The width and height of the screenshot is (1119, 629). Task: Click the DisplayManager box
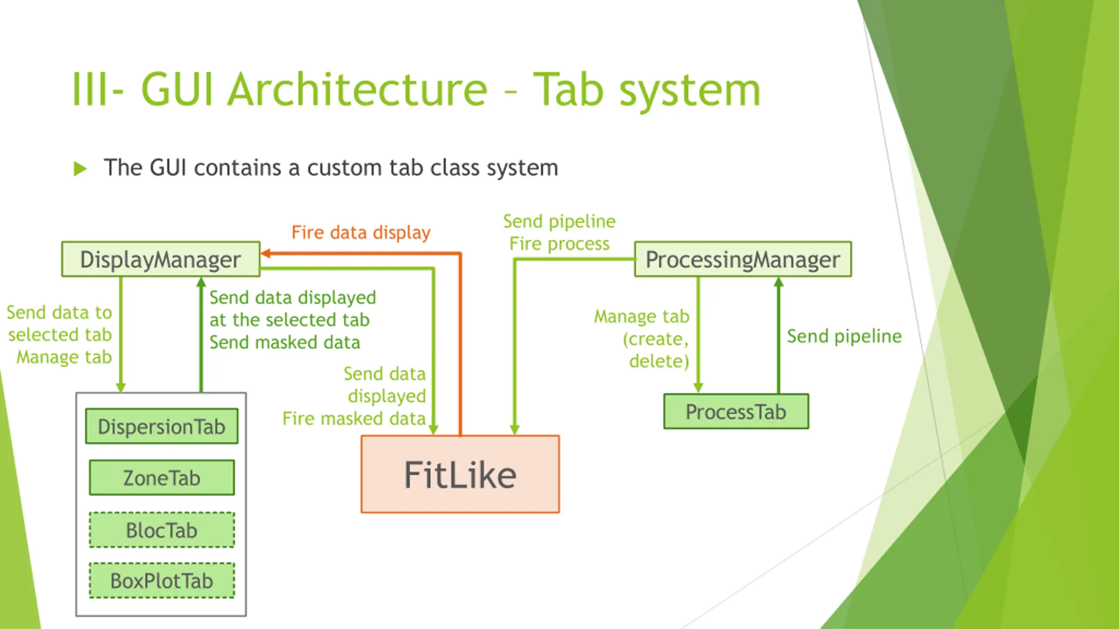(161, 259)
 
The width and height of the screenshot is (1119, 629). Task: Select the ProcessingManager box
(743, 259)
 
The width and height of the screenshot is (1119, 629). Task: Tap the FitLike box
(460, 474)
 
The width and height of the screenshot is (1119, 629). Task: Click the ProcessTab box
(736, 411)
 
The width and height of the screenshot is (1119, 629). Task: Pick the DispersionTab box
(162, 426)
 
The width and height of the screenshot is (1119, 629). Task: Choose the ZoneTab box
(162, 477)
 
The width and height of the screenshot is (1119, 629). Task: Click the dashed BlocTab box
(162, 530)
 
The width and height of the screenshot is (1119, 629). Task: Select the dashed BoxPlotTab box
(162, 581)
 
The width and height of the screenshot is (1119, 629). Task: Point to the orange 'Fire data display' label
(361, 232)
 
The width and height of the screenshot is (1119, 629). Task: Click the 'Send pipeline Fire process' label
(559, 232)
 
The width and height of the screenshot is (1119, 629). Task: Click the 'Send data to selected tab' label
(60, 324)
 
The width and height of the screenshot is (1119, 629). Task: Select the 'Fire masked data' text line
(354, 418)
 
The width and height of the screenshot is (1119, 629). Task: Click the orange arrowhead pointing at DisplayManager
(266, 253)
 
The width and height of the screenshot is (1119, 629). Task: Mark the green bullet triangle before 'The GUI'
(80, 169)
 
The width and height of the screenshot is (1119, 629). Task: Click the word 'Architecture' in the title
(357, 90)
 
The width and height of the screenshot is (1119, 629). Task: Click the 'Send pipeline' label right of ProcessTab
(844, 336)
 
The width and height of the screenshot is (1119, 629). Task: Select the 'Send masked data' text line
(285, 342)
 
